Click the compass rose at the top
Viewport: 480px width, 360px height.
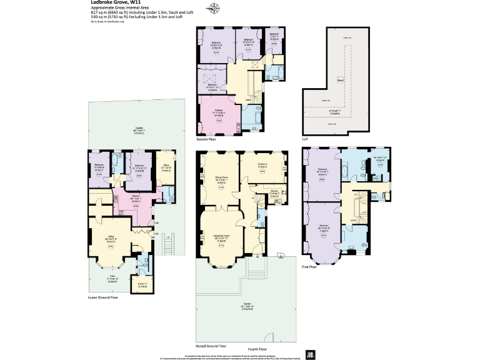(x=214, y=8)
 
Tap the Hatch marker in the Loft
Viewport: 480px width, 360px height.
(x=341, y=79)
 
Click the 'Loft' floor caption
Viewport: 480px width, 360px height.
(x=305, y=138)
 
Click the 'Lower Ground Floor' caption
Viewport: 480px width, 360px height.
(x=104, y=297)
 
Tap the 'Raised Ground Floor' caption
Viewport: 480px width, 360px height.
(x=211, y=346)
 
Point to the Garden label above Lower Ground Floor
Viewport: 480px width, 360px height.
(x=139, y=129)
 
